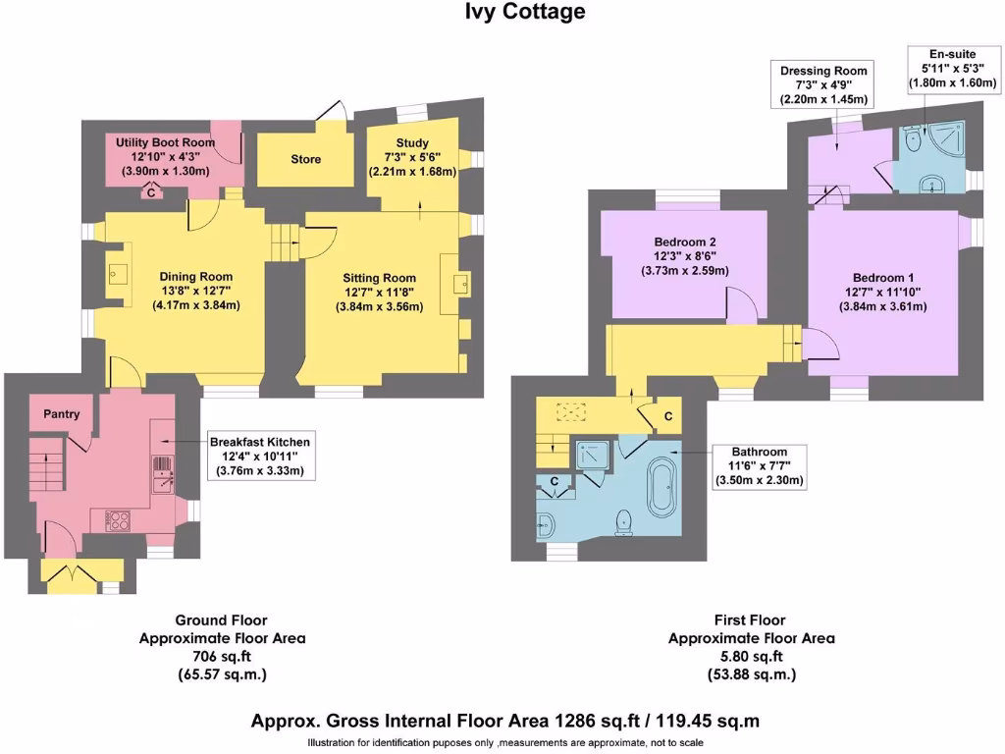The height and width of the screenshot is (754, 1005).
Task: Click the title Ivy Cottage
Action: tap(524, 12)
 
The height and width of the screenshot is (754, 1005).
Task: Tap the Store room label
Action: tap(305, 159)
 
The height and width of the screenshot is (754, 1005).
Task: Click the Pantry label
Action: tap(61, 414)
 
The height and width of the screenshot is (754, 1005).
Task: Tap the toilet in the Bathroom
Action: tap(623, 521)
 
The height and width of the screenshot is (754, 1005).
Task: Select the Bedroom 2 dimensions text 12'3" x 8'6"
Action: tap(684, 257)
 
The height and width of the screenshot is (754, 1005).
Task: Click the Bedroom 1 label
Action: tap(882, 276)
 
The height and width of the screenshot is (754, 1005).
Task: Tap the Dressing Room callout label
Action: tap(823, 71)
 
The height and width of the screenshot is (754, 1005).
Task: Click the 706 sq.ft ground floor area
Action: tap(221, 657)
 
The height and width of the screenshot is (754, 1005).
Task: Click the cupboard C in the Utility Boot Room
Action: tap(151, 193)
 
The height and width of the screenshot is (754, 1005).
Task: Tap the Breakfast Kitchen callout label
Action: tap(260, 442)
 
